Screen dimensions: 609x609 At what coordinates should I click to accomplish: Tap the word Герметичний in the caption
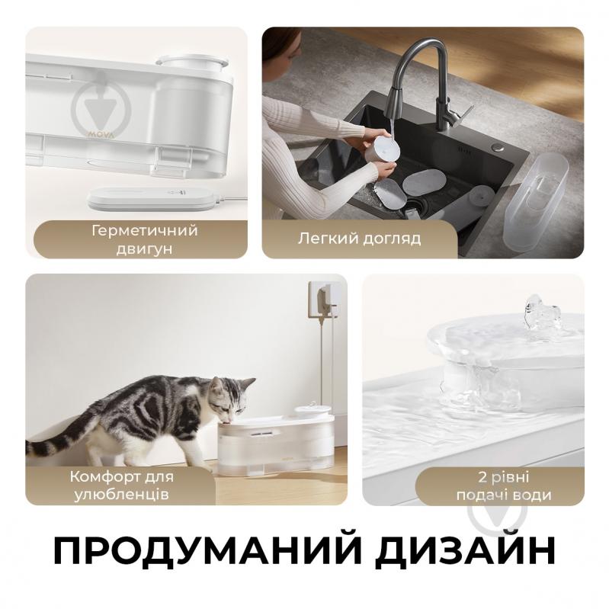pos(145,231)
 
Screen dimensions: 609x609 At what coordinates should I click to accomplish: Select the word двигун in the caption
pos(144,249)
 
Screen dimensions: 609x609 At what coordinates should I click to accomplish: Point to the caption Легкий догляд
pos(359,238)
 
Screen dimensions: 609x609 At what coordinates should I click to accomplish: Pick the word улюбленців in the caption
pos(121,495)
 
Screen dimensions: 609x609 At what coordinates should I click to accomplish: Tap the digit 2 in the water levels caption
pos(482,477)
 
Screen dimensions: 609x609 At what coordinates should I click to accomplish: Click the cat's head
pos(230,396)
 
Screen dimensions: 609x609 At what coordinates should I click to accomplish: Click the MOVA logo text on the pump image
pos(101,134)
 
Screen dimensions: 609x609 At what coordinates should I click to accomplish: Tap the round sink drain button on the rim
pos(497,148)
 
